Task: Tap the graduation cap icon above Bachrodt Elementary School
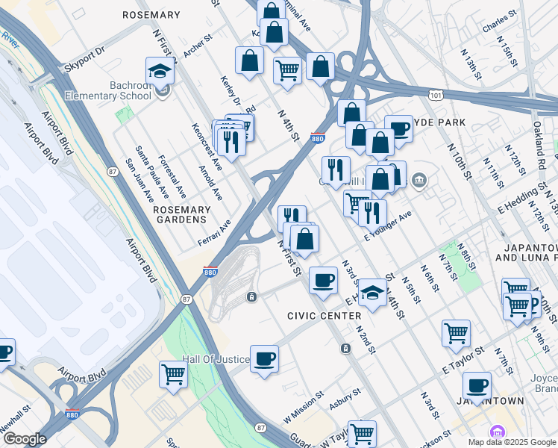(x=160, y=71)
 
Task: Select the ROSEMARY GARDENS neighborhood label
(x=180, y=215)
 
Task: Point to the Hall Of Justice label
(x=216, y=359)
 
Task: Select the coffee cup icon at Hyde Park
(x=399, y=128)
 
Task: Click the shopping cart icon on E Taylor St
(x=456, y=334)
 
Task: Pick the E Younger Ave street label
(x=388, y=225)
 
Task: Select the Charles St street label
(x=499, y=23)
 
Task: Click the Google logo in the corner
(x=24, y=439)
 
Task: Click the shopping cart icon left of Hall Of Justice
(x=173, y=374)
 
